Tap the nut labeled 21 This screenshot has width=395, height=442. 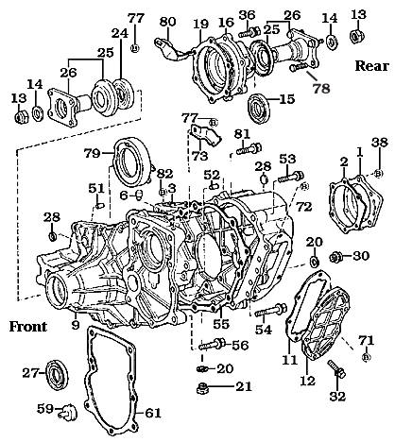click(200, 387)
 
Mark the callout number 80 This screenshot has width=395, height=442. click(167, 22)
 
